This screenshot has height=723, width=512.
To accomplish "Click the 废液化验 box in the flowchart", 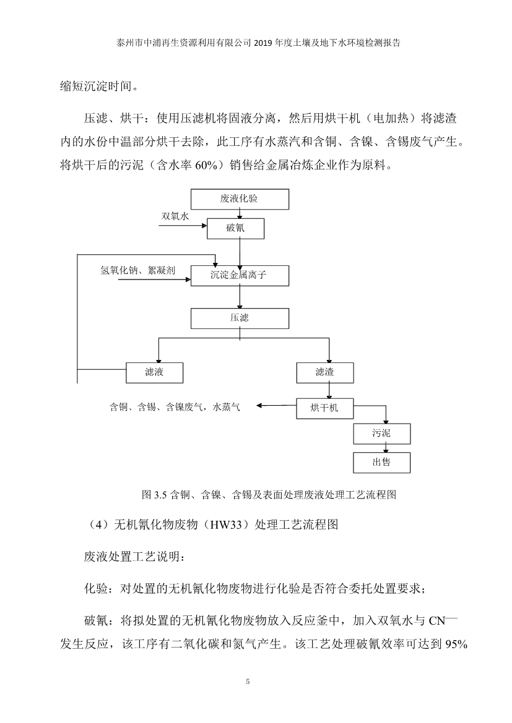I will (240, 199).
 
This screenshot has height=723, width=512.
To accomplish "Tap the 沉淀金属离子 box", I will (240, 276).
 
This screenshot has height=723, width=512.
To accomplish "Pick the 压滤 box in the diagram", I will (240, 319).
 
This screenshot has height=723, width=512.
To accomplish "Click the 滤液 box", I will (154, 372).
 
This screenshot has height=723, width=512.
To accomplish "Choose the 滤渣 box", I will (325, 372).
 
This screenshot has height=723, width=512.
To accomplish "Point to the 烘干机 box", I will (325, 408).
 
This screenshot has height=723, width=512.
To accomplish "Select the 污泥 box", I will (381, 433).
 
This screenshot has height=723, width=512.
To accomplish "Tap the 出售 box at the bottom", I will (381, 462).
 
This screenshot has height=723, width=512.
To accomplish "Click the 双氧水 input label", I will (175, 216).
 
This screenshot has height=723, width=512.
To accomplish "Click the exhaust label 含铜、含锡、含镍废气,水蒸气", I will (174, 407).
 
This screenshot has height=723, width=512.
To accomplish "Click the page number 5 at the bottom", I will (248, 682).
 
